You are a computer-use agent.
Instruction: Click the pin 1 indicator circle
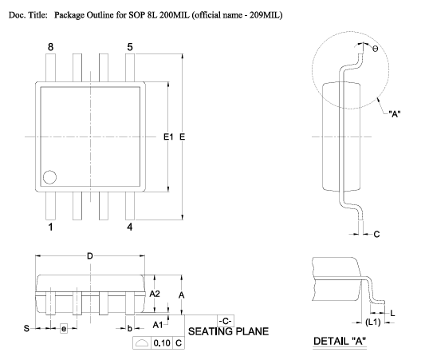tap(49, 177)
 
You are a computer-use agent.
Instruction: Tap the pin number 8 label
tap(50, 47)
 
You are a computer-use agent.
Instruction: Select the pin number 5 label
tap(130, 47)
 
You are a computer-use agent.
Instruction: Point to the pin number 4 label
tap(130, 227)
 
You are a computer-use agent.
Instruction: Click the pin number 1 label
tap(50, 227)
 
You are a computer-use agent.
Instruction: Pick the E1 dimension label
tap(168, 136)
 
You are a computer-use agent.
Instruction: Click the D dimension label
tap(90, 255)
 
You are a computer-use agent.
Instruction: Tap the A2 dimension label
tap(155, 294)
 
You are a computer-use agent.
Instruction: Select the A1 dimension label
tap(158, 325)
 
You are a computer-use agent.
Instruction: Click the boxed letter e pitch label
tap(64, 329)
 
